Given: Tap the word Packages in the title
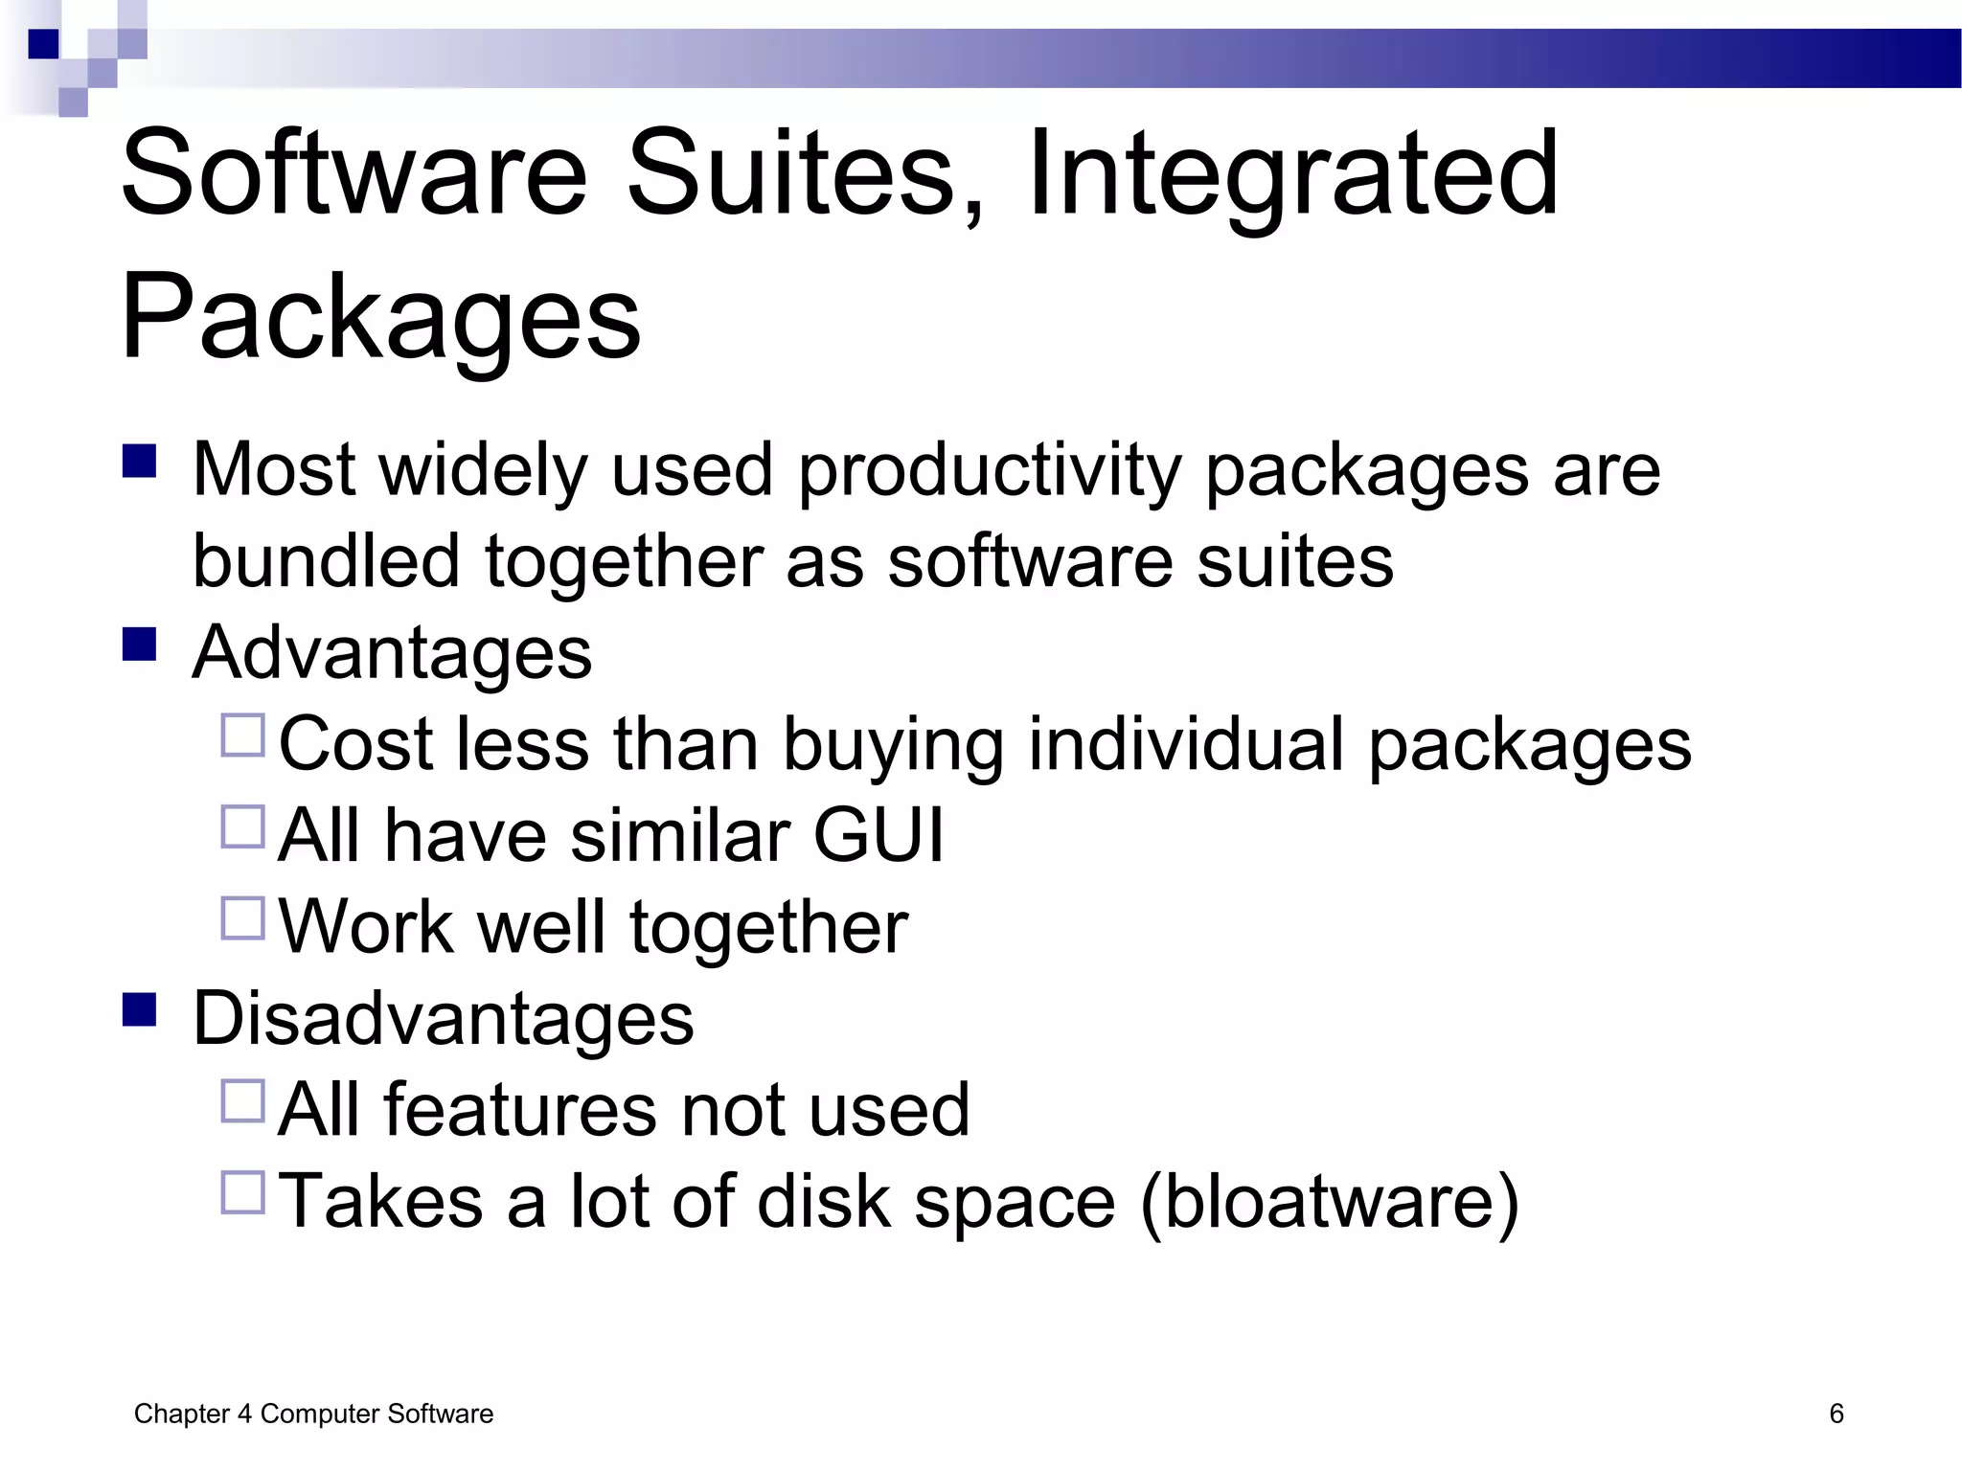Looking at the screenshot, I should [380, 316].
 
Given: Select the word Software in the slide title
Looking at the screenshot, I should [354, 176].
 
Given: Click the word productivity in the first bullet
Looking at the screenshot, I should [990, 471].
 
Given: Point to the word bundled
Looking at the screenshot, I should [326, 561].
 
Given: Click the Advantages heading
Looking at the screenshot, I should [392, 653].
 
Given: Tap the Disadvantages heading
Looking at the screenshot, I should [443, 1018].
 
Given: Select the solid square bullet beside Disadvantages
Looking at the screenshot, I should [140, 1009].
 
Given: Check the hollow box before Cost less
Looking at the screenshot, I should [242, 735].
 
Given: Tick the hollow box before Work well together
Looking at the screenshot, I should [242, 918].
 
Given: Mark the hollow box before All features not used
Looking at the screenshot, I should [242, 1101].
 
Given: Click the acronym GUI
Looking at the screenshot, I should [878, 836].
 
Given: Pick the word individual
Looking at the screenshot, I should [1186, 744].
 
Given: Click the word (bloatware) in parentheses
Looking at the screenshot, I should [1330, 1202].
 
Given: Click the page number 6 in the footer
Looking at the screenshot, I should [1836, 1414].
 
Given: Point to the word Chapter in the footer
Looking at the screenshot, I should [182, 1414].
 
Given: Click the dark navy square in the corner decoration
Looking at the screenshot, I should [43, 44].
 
